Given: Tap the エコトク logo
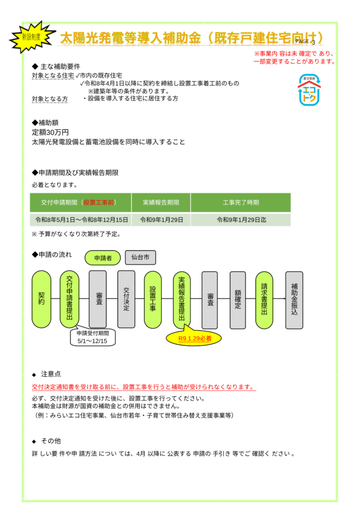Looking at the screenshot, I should [309, 90].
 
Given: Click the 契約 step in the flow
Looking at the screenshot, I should [41, 299].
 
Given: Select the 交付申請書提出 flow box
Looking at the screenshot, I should [70, 299].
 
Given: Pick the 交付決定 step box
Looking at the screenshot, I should [126, 299].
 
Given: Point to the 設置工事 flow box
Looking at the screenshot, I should [153, 299].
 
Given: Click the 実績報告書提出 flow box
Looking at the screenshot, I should [182, 299].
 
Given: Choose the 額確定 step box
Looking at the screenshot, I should [238, 299].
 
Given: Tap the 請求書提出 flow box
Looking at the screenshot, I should [265, 299].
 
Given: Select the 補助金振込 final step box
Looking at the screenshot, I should [294, 299].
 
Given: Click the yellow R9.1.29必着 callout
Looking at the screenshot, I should [195, 339].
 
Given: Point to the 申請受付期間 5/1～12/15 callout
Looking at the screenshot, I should [93, 338].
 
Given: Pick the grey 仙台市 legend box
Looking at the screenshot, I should [140, 257].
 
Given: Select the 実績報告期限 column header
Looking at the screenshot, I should [161, 203].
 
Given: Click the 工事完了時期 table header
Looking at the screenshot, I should [241, 203].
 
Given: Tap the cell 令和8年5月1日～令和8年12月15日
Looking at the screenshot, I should [80, 220].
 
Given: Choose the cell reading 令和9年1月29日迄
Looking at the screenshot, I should [241, 220].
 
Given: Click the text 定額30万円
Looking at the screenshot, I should [50, 132].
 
